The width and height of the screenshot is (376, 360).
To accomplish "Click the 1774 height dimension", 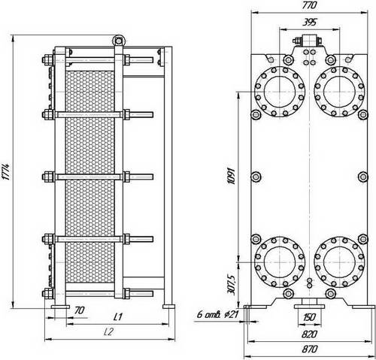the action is click(6, 172).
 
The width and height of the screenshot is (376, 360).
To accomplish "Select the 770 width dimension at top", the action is click(309, 5).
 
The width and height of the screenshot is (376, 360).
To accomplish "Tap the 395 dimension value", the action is click(310, 23).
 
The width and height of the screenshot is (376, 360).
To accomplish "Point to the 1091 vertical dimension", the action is click(231, 176).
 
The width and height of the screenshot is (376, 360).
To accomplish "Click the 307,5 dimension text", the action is click(230, 284).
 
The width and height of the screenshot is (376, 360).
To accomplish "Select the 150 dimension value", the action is click(309, 317).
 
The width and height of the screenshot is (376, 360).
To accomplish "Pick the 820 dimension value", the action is click(309, 334).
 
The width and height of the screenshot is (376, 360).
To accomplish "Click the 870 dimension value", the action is click(309, 349).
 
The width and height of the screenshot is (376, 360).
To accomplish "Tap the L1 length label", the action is click(117, 317).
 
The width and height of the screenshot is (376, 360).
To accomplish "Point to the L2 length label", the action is click(109, 332).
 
